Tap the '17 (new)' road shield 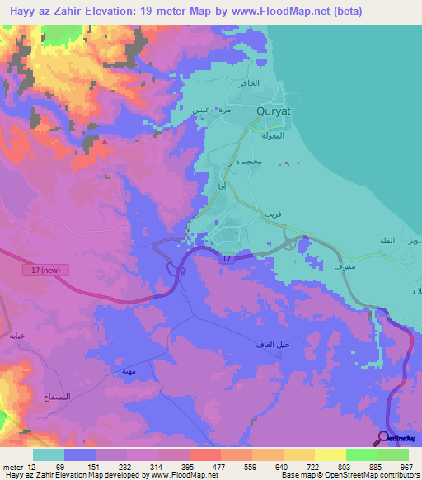click(x=34, y=270)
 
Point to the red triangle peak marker click(x=105, y=142)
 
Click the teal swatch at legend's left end click(x=49, y=454)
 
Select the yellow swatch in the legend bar click(x=330, y=454)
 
